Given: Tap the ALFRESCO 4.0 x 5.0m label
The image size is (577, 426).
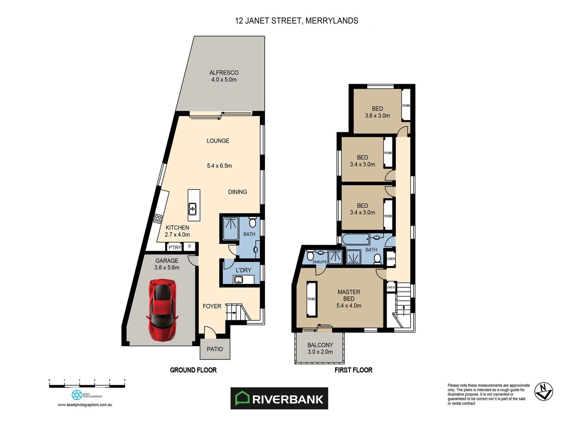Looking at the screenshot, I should click(224, 76).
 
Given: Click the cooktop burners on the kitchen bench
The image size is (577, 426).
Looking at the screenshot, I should click(158, 218).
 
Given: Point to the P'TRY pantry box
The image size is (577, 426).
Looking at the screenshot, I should click(175, 247).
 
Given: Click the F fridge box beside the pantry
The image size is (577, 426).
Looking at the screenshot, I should click(190, 246).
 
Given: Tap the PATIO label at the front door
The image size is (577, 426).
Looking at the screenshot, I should click(215, 349).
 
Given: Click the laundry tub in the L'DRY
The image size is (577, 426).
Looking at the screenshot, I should click(238, 279).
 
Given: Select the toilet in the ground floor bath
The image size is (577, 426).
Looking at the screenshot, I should click(252, 223).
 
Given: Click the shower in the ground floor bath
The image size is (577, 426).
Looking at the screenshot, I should click(231, 228).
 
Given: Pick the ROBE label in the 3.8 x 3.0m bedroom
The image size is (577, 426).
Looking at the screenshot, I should click(406, 106).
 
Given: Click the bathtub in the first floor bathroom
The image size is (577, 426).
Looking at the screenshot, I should click(355, 239).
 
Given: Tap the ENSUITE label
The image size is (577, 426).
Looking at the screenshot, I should click(320, 262).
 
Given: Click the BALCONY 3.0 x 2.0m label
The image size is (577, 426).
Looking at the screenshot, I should click(320, 348).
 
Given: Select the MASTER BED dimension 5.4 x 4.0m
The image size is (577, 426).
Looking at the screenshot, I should click(349, 306).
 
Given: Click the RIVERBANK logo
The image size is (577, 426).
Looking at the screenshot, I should click(279, 398).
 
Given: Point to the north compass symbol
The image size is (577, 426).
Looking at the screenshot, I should click(544, 392).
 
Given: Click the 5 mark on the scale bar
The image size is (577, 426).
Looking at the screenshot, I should click(124, 380).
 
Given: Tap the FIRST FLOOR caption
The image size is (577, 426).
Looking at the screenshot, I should click(353, 370).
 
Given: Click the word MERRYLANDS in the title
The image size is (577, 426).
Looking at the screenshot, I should click(331, 21).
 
